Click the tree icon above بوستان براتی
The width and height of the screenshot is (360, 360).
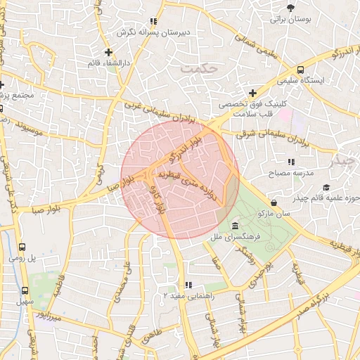click(291, 8)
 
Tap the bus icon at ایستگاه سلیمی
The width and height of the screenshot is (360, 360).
click(301, 70)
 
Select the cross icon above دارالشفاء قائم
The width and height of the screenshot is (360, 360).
click(108, 52)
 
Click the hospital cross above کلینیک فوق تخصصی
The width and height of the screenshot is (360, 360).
click(252, 93)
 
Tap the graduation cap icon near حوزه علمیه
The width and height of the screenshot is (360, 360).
click(326, 186)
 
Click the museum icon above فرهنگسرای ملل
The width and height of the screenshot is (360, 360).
click(233, 226)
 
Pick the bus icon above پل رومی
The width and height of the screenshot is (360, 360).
click(22, 247)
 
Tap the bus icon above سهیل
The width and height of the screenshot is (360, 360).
click(25, 290)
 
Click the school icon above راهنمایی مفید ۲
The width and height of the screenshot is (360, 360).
click(188, 285)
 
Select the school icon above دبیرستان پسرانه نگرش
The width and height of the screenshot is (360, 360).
click(154, 22)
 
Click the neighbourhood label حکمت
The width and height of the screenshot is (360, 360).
click(195, 68)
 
